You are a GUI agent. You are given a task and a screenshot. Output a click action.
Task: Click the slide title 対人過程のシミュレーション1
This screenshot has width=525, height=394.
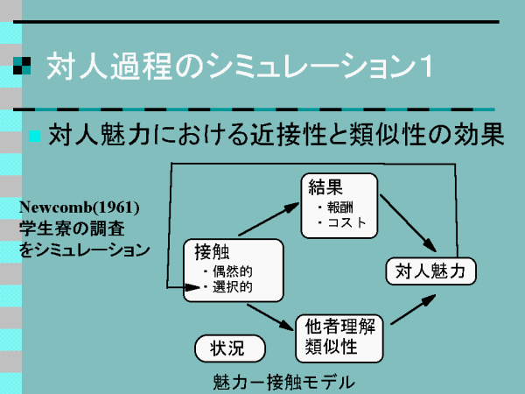pos(239,66)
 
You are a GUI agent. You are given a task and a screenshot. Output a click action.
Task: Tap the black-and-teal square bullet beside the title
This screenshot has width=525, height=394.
pos(22,66)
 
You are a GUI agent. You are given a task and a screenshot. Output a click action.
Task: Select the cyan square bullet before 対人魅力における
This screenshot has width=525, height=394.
pos(34,136)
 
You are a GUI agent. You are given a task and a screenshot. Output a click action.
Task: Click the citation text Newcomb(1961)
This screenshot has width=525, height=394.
pos(80,208)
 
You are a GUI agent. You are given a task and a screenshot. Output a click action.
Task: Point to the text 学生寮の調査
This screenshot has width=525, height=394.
pos(72,229)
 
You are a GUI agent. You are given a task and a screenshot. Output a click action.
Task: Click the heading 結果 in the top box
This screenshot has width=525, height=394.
pos(325,187)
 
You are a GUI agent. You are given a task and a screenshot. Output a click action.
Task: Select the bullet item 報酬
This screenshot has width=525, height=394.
pos(339,208)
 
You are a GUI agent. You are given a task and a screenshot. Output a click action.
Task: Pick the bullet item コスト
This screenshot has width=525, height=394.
pos(346,222)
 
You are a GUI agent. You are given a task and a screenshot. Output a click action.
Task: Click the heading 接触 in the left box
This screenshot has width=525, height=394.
pos(213,252)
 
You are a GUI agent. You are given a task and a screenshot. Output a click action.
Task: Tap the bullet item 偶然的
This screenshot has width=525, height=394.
pos(233,271)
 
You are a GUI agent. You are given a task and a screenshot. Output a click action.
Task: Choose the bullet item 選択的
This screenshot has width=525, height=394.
pos(233,287)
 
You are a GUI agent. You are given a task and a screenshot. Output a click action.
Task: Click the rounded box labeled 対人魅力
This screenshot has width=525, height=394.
pos(430,271)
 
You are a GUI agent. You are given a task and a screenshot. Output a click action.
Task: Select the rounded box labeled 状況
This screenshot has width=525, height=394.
pos(230,348)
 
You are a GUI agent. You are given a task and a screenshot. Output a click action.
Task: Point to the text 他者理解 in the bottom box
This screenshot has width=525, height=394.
pos(340,327)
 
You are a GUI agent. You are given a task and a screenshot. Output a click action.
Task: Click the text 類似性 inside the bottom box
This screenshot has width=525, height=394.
pos(331,346)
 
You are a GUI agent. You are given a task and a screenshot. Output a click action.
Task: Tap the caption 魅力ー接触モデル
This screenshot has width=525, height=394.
pos(283,383)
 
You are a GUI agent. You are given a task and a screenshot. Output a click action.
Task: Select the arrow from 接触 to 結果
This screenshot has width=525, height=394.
pos(269,219)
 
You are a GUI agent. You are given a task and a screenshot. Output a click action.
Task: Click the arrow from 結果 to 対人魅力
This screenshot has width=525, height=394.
pos(408,223)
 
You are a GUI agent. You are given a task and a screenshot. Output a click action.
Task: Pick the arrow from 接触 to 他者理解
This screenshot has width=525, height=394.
pos(270,317)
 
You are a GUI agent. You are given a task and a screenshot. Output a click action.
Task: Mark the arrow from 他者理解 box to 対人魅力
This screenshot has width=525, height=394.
pos(413,309)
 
